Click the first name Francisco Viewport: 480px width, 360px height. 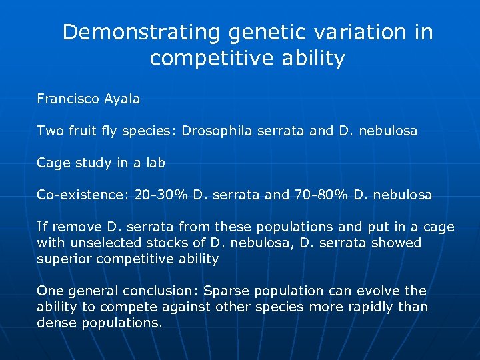tap(67, 99)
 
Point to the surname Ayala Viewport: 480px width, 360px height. tap(122, 99)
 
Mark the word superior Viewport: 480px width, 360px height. tap(64, 259)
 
